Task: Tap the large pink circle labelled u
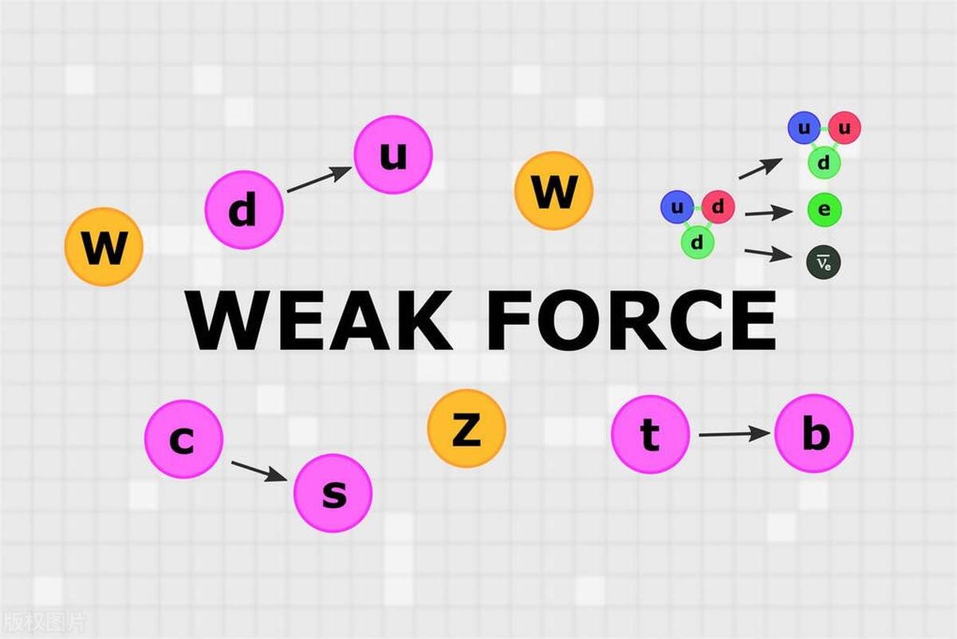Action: [x=393, y=155]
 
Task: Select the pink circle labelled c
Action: [x=183, y=439]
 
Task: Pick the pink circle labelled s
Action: [x=333, y=493]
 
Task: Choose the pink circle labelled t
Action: [x=650, y=435]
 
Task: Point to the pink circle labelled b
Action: [x=814, y=433]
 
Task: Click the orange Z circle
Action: [x=467, y=428]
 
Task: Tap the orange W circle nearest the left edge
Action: [x=104, y=247]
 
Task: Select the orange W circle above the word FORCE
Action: [x=553, y=191]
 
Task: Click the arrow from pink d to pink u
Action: [x=318, y=179]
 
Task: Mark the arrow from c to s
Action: [x=258, y=471]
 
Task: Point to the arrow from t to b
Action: [x=734, y=434]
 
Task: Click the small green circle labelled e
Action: [x=824, y=210]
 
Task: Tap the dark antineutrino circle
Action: [x=824, y=262]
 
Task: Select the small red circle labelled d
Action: [x=718, y=207]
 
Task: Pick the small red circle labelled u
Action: [x=845, y=128]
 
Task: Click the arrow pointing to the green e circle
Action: [x=769, y=212]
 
